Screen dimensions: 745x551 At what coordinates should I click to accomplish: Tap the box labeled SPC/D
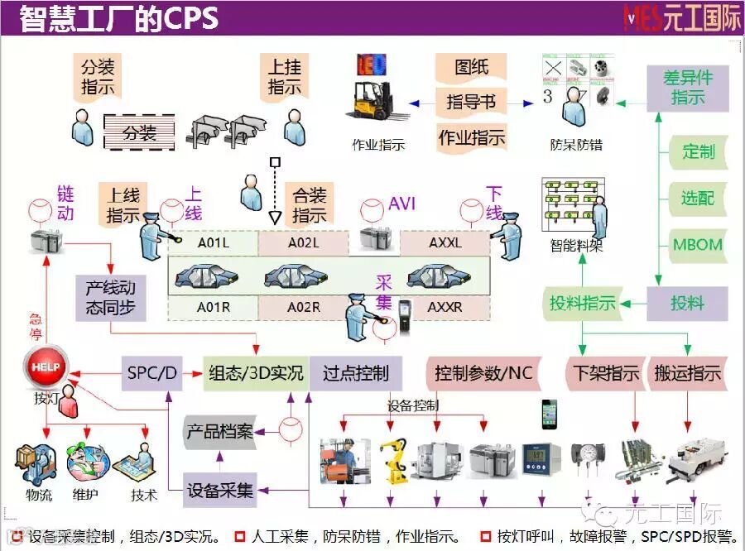coord(152,373)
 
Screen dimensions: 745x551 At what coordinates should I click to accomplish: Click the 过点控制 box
coord(356,373)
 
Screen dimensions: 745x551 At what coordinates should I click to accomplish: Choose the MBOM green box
coord(697,245)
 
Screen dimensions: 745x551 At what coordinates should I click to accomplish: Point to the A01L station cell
coord(214,243)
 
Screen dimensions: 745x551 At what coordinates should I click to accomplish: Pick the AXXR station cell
coord(445,308)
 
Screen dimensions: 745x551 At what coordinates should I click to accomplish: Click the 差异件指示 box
coord(687,88)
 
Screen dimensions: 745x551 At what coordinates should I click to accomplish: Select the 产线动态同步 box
coord(111,299)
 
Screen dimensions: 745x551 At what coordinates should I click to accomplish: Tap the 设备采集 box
coord(220,489)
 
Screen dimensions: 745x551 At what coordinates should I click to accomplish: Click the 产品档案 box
coord(220,432)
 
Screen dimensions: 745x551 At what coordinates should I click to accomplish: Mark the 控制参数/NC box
coord(484,373)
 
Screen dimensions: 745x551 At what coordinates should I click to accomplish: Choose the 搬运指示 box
coord(687,373)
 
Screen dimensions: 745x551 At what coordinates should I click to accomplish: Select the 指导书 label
coord(471,102)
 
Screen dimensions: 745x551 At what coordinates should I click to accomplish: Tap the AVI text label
coord(402,204)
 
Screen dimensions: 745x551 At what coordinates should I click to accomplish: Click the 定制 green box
coord(698,151)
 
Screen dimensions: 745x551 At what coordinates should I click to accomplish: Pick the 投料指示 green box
coord(583,304)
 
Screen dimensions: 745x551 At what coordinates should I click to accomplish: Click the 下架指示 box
coord(607,373)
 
